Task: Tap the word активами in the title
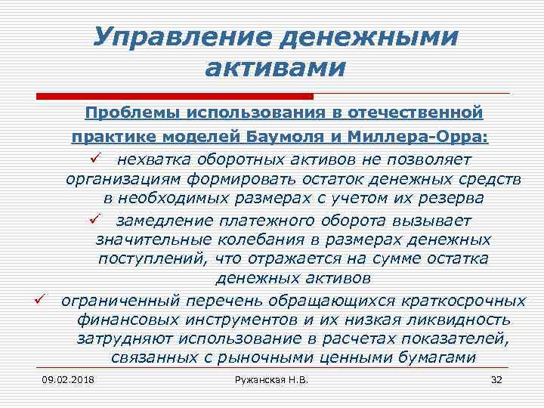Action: (x=275, y=68)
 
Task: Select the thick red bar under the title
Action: (x=175, y=97)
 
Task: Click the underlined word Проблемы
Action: (x=140, y=113)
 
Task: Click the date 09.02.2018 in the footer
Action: (x=63, y=379)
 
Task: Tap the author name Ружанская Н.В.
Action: (x=272, y=379)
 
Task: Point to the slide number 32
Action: (x=496, y=379)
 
